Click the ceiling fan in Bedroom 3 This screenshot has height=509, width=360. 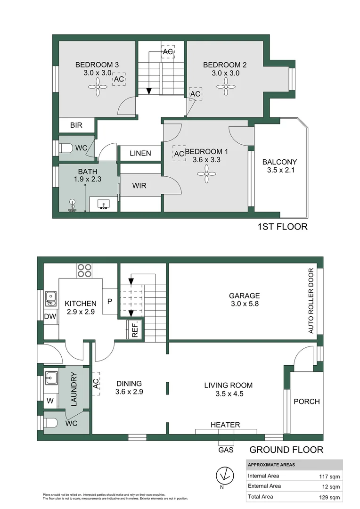pyautogui.click(x=98, y=86)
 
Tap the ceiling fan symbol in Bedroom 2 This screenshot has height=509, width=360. pyautogui.click(x=225, y=86)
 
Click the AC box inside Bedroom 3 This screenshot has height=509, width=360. pyautogui.click(x=119, y=80)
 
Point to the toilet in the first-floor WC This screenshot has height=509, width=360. pyautogui.click(x=65, y=148)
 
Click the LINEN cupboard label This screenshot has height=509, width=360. pyautogui.click(x=140, y=153)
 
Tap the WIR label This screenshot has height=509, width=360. pyautogui.click(x=139, y=186)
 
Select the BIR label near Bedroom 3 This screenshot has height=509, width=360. pyautogui.click(x=76, y=125)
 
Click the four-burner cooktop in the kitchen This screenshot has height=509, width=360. pyautogui.click(x=84, y=271)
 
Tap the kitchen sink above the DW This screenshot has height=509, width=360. pyautogui.click(x=50, y=299)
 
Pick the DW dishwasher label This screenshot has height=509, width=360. pyautogui.click(x=50, y=316)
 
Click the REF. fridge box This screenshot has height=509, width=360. pyautogui.click(x=134, y=329)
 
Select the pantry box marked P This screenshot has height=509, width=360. pyautogui.click(x=109, y=300)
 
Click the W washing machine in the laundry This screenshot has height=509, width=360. pyautogui.click(x=50, y=402)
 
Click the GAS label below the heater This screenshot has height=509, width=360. pyautogui.click(x=225, y=450)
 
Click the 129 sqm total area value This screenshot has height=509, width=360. pyautogui.click(x=329, y=497)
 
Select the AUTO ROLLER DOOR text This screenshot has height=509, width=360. pyautogui.click(x=311, y=301)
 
